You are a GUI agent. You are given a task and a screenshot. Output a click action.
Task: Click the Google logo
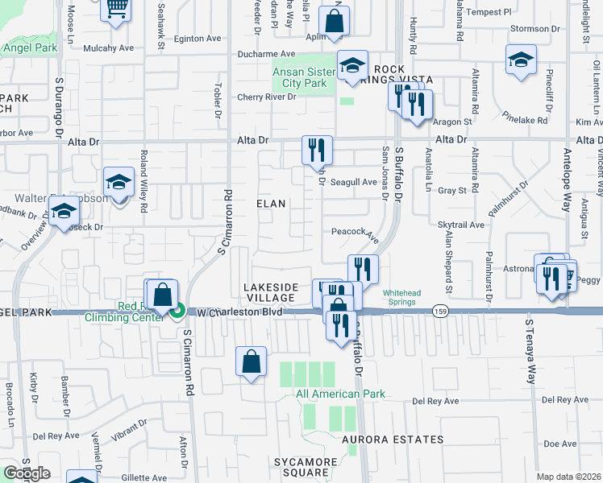pos(27,473)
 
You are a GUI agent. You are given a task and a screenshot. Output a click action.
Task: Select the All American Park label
pos(340,394)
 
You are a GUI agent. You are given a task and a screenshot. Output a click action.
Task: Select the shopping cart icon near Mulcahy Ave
pos(117,7)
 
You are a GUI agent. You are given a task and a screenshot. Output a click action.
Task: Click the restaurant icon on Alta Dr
pos(316,149)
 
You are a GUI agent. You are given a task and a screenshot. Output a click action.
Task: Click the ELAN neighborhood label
pos(271,204)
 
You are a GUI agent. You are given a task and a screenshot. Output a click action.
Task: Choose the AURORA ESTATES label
pos(393,440)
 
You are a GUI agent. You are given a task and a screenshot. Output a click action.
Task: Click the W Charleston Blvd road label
pos(239,312)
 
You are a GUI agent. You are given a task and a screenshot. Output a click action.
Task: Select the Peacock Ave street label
pos(355,232)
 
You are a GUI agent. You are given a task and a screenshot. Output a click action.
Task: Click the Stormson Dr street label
pos(530,28)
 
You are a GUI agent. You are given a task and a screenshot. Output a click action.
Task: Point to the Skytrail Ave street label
pos(460,225)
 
